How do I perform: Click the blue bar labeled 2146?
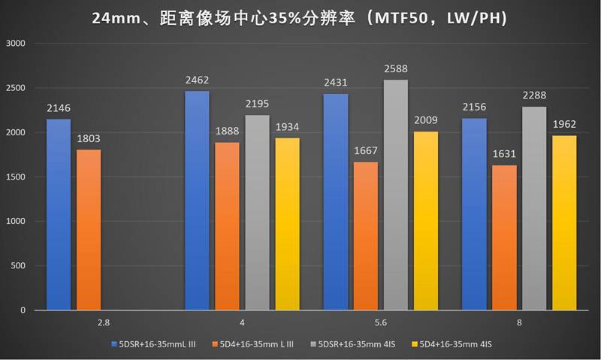(x=59, y=214)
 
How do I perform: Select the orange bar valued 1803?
(x=89, y=229)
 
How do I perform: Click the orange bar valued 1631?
(x=504, y=237)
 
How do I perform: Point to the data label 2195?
(x=257, y=104)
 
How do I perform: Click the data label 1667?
(x=365, y=150)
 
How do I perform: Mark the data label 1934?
(x=287, y=127)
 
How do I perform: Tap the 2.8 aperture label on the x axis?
(x=104, y=322)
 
